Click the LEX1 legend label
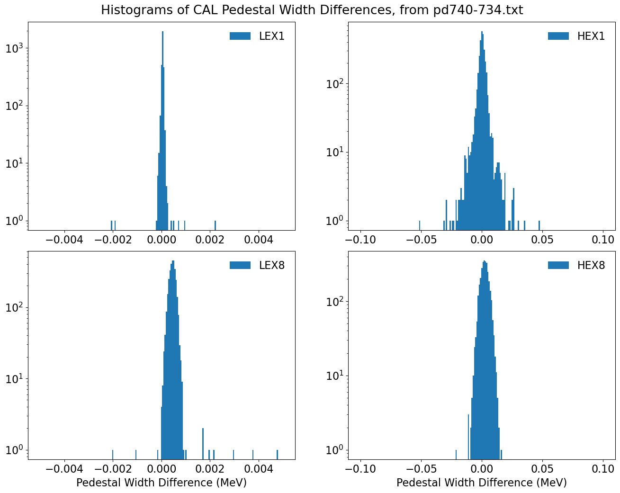271,36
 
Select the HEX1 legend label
591,36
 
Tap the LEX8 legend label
271,265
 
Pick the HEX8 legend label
591,265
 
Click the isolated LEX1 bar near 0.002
215,224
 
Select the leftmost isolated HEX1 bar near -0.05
419,224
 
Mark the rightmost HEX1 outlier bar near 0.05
539,224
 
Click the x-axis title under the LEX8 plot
161,483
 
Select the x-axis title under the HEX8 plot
481,483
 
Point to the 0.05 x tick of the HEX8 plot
542,469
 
